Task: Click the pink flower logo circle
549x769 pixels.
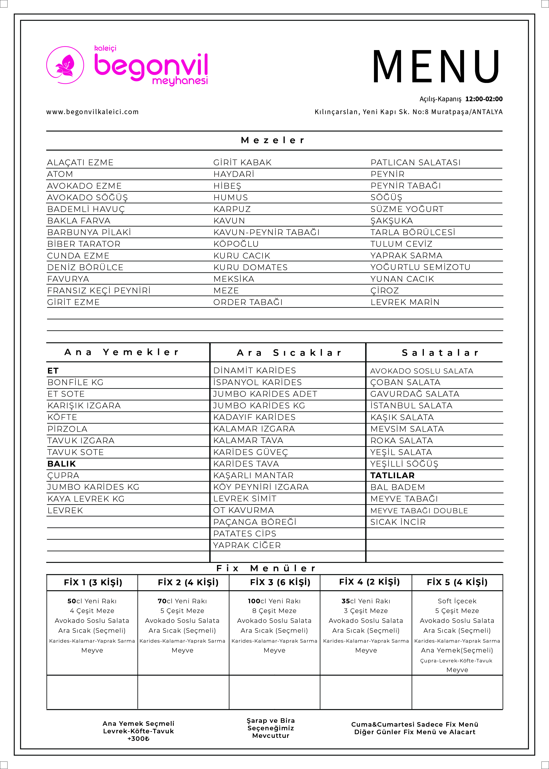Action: (65, 65)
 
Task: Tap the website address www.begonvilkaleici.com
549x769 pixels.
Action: (92, 112)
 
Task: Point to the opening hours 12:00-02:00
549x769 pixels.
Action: (484, 99)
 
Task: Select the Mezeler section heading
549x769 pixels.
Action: (273, 140)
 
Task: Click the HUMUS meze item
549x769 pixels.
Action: (231, 197)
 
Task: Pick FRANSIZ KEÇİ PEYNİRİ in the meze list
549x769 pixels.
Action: (99, 291)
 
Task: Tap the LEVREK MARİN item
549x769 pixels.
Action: (405, 302)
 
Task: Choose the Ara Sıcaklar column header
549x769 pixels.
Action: (289, 353)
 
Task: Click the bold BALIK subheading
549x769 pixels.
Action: (62, 464)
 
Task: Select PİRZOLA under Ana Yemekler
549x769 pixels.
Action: (67, 429)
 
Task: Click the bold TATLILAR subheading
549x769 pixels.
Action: (392, 475)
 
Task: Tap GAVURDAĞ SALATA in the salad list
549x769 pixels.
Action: (414, 394)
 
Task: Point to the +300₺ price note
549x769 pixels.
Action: (138, 739)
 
